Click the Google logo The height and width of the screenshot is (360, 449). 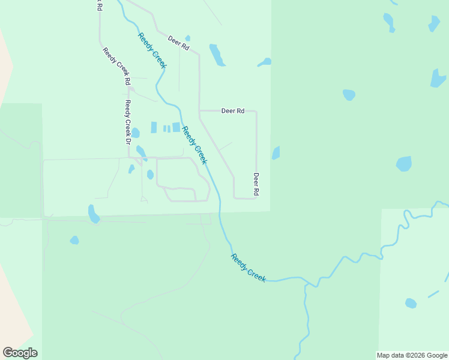[x=20, y=353]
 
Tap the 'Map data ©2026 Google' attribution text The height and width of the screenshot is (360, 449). [x=412, y=355]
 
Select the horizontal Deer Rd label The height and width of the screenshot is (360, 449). [x=233, y=111]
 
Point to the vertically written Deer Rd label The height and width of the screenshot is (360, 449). [x=256, y=184]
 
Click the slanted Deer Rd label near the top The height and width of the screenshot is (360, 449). [x=179, y=43]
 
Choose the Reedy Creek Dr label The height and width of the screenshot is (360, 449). [x=127, y=122]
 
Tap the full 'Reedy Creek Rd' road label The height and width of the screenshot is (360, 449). [x=116, y=66]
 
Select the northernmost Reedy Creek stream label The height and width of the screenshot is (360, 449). [x=152, y=50]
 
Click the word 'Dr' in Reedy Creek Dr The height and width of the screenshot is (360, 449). [x=127, y=140]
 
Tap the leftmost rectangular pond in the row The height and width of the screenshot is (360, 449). [x=154, y=127]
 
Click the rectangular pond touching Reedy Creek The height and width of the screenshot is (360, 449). [x=176, y=127]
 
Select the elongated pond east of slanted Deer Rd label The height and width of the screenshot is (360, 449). [x=217, y=55]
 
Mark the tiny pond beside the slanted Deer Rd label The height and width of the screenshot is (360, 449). [x=188, y=38]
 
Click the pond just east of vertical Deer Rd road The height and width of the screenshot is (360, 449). [x=276, y=153]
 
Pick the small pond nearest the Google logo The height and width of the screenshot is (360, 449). [x=74, y=240]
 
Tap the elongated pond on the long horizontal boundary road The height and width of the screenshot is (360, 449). [x=94, y=214]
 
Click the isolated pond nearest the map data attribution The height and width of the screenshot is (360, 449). [x=411, y=303]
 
